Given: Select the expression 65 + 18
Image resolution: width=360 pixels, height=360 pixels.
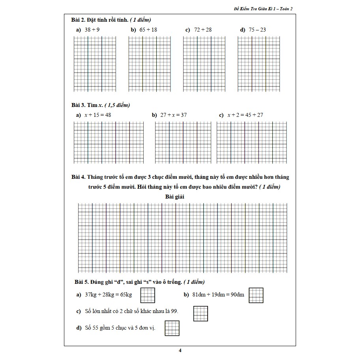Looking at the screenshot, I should (148, 30).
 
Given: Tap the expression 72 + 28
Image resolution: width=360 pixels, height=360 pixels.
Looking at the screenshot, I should (203, 30).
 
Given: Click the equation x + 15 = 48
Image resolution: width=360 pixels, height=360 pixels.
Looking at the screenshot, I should (97, 115).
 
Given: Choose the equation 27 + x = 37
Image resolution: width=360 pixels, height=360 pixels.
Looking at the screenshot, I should (173, 115).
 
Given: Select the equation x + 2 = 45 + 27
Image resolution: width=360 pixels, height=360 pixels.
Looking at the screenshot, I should (245, 115).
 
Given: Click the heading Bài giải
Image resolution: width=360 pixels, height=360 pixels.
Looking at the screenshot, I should (175, 197).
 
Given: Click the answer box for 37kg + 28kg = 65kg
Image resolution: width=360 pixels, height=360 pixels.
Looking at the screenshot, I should (148, 295).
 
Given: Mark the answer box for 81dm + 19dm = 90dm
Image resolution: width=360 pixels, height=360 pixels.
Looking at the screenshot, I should (256, 295).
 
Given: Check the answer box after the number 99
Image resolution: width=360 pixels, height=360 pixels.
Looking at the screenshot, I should (201, 313).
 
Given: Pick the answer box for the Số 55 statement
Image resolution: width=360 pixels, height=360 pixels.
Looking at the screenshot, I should (172, 328).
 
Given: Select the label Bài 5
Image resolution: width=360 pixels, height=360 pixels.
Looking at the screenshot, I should (81, 282).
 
